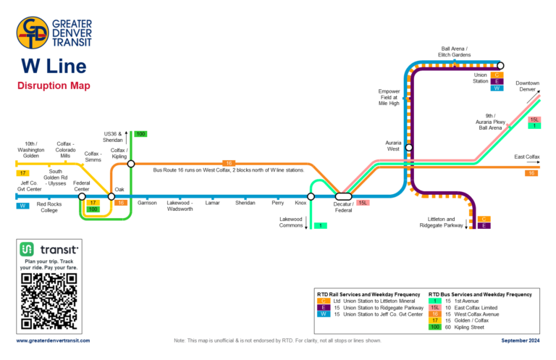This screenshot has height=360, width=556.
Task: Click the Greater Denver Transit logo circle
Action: click(x=33, y=33)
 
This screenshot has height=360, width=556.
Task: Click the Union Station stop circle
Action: click(x=500, y=66)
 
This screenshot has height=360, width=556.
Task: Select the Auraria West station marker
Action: click(x=409, y=148)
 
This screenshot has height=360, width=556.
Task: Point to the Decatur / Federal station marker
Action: click(x=344, y=196)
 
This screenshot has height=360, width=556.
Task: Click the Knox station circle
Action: click(x=311, y=196)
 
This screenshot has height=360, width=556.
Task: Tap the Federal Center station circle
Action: click(x=82, y=196)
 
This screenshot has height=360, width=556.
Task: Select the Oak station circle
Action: click(x=111, y=196)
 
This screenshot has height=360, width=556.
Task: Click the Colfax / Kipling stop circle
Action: click(x=131, y=164)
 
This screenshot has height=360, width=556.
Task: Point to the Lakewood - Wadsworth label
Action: click(x=180, y=206)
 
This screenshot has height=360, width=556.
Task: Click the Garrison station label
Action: click(x=147, y=203)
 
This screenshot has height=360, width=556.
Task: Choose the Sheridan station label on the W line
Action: click(x=245, y=203)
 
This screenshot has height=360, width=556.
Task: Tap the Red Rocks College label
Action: click(x=49, y=206)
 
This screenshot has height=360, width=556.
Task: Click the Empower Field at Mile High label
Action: click(x=389, y=97)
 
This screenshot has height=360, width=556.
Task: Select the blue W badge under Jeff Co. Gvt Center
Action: click(x=23, y=206)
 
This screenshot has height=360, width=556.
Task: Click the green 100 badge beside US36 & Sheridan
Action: click(x=140, y=133)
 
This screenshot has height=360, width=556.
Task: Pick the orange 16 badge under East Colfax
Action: click(x=531, y=173)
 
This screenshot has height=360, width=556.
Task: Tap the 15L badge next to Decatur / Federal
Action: click(x=363, y=203)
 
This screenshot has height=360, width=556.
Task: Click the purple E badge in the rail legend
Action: click(x=324, y=307)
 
